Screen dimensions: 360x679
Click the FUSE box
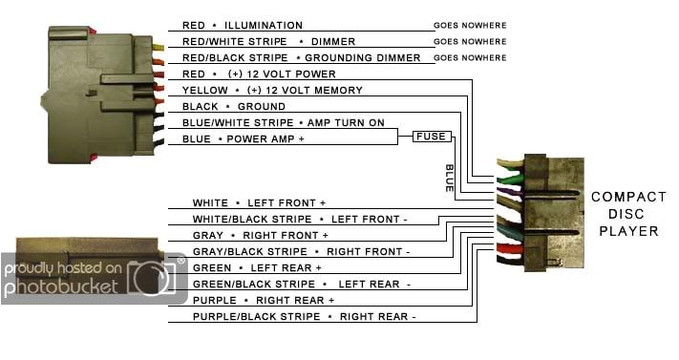click(x=430, y=137)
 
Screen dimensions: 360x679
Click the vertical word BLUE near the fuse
click(x=449, y=179)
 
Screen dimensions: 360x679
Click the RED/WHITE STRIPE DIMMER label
click(x=268, y=41)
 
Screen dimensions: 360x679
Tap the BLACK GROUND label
click(x=234, y=106)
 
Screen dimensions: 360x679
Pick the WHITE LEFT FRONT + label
click(x=259, y=202)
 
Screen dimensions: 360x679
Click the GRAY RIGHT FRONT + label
click(x=260, y=235)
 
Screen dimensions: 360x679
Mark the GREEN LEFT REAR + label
click(x=257, y=267)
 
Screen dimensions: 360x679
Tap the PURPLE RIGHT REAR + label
click(x=264, y=300)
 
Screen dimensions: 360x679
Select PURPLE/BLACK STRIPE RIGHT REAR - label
click(x=304, y=316)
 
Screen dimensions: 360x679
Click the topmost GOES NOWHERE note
click(x=470, y=25)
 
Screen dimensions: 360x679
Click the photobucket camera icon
click(x=154, y=278)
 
